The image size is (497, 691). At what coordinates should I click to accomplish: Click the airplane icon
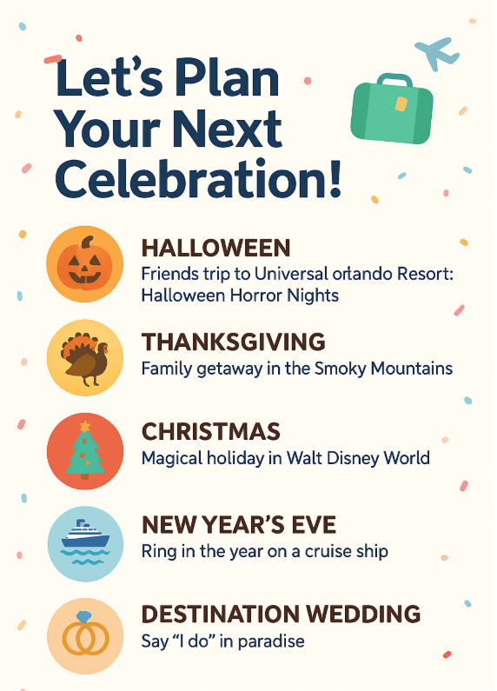coord(437,53)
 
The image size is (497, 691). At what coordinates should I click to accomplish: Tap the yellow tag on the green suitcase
coord(401,104)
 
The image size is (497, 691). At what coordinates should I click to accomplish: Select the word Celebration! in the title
coord(198,178)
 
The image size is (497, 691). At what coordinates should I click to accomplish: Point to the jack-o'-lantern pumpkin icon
coord(84,263)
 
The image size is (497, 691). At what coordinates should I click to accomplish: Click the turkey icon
coord(85,359)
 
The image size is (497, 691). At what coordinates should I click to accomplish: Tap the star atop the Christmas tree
coord(85,426)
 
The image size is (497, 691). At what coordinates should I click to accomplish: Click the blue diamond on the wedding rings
coord(83,617)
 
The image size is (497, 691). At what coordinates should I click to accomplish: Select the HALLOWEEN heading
coord(215,248)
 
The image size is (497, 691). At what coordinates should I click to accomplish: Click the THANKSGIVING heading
coord(234,342)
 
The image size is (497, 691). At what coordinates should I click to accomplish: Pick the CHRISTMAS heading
coord(211,431)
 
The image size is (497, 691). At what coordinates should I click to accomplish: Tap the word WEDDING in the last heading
coord(363,615)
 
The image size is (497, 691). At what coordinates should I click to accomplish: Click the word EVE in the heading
coord(316,525)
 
